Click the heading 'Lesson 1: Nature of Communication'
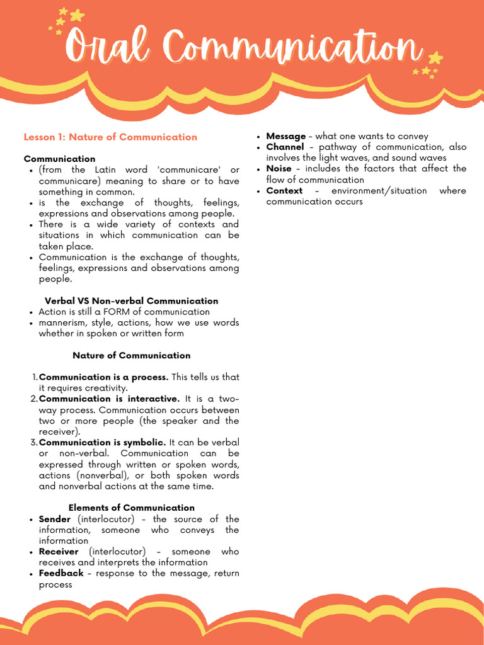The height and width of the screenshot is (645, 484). [x=110, y=137]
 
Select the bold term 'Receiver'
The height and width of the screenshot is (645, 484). [x=59, y=551]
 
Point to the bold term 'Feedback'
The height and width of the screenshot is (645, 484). [x=61, y=573]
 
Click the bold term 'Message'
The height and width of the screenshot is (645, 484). [x=285, y=136]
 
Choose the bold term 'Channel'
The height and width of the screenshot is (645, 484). [x=285, y=147]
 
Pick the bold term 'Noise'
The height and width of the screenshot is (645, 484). [x=279, y=169]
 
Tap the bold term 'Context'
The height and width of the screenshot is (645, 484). [x=284, y=191]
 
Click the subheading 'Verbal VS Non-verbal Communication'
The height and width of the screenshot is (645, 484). [x=131, y=301]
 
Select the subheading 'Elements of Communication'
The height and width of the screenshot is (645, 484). [x=131, y=508]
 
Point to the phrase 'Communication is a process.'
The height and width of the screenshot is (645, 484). [x=103, y=377]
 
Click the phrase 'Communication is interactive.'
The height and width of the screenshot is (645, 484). [x=109, y=399]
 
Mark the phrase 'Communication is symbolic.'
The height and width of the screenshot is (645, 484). [x=103, y=442]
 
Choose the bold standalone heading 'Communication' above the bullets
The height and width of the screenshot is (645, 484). [x=60, y=159]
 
